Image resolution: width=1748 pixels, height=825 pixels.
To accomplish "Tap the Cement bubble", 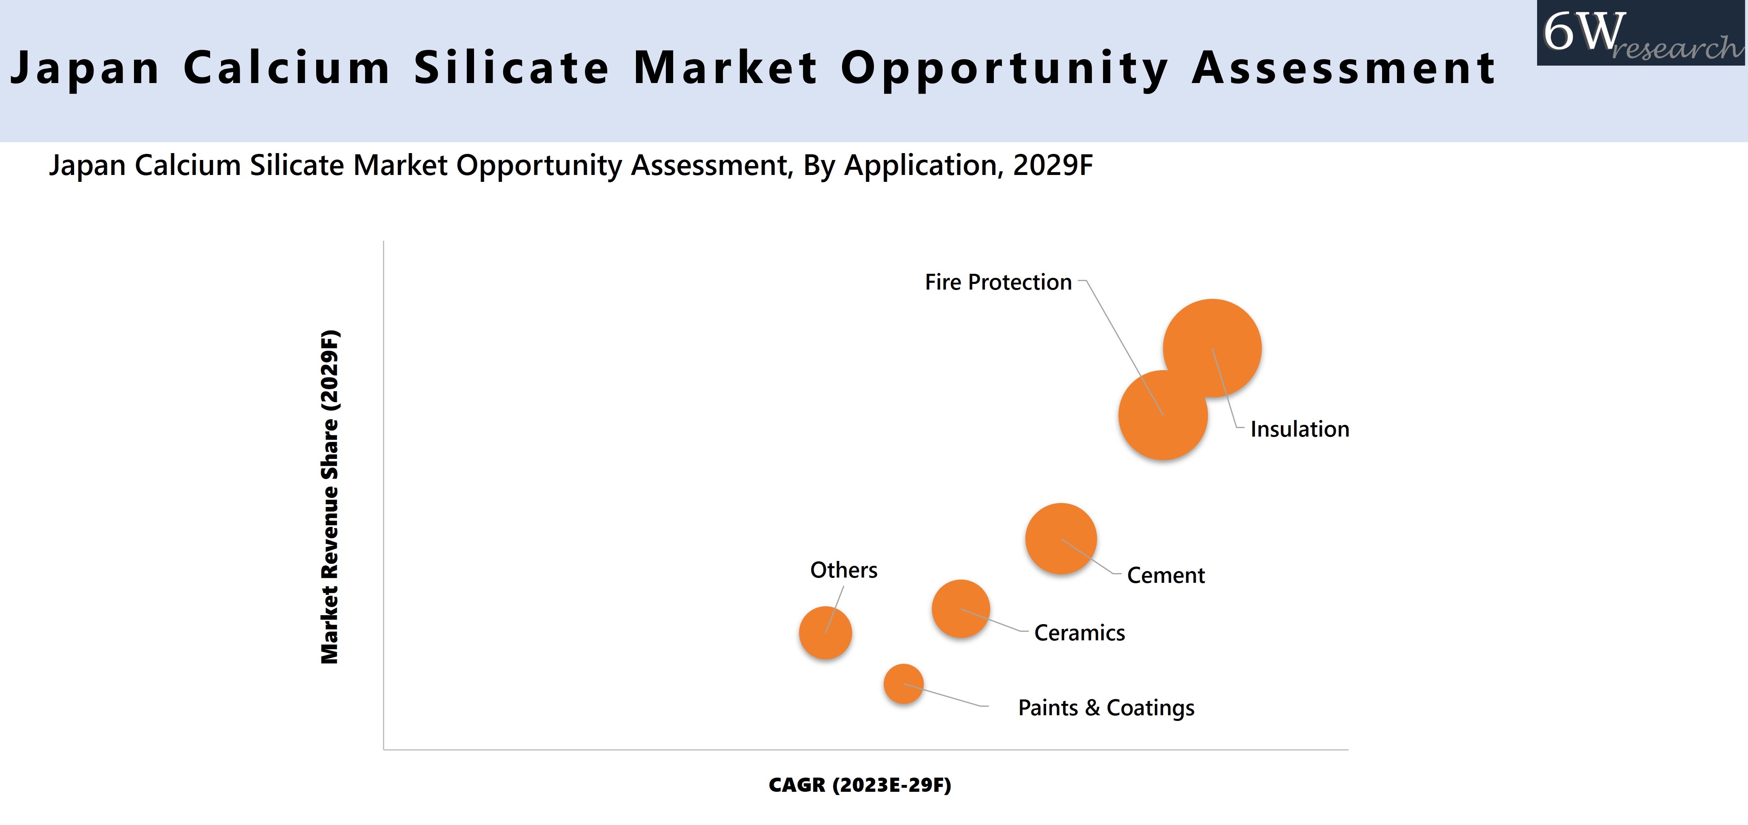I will [x=1061, y=538].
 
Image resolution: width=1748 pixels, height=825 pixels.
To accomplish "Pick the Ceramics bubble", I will [x=960, y=608].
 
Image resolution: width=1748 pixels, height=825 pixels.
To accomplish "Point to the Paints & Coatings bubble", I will [x=903, y=684].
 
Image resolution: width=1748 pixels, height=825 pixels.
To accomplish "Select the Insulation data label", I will [x=1299, y=429].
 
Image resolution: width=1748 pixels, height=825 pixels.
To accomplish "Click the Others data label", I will [x=844, y=570].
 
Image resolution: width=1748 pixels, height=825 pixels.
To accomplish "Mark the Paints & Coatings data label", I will [x=1106, y=708].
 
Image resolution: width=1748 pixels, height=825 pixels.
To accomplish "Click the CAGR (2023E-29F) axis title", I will [x=860, y=785].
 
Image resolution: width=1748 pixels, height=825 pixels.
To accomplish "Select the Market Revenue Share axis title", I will [x=330, y=497].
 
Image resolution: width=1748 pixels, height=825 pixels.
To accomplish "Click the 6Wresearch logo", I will [x=1641, y=34].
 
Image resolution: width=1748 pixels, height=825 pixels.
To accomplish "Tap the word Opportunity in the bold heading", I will [x=1004, y=68].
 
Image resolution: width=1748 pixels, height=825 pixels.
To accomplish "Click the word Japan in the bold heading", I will [x=85, y=68].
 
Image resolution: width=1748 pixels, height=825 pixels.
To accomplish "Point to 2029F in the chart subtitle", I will [x=1053, y=165].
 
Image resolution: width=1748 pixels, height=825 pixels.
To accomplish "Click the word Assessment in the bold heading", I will [x=1344, y=68].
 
